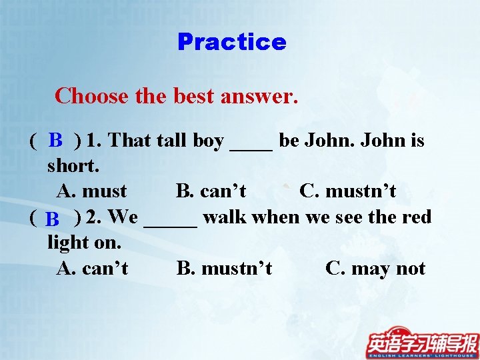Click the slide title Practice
(x=232, y=42)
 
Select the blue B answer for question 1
(x=56, y=140)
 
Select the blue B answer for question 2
(x=53, y=219)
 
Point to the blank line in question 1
(x=251, y=148)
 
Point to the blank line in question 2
(x=171, y=225)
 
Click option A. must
(x=92, y=191)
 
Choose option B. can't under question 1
(x=211, y=191)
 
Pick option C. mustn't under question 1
(x=348, y=191)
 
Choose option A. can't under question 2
(x=93, y=269)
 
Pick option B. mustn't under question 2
(x=224, y=269)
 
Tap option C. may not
(x=375, y=269)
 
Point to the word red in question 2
(x=417, y=217)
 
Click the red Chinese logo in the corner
(x=423, y=343)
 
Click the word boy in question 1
(x=208, y=141)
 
